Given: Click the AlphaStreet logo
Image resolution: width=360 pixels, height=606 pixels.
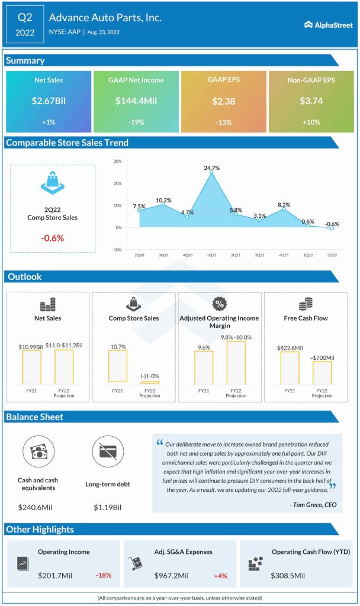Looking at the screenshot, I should tap(329, 25).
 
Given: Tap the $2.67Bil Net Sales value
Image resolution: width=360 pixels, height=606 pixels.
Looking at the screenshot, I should tap(49, 101).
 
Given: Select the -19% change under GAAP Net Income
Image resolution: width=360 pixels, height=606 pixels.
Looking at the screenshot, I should tap(136, 121).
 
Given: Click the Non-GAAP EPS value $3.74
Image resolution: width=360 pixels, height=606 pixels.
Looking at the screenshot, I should tap(310, 101).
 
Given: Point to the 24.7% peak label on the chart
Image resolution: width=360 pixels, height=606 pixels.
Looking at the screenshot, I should tap(211, 168).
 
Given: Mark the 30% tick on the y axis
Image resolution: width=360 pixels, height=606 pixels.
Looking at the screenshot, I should tap(117, 161).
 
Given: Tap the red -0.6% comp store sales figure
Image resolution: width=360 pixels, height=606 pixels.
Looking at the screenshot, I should tap(53, 238).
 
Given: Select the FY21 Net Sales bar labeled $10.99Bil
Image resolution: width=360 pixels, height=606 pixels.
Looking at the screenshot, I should tap(31, 366).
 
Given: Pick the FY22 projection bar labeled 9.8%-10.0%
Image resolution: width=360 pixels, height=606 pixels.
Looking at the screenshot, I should tap(236, 362).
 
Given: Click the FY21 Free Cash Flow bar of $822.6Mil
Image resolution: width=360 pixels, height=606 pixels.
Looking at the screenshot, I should tap(290, 368).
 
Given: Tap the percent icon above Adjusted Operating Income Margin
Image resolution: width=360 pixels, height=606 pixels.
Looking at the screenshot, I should tap(219, 304).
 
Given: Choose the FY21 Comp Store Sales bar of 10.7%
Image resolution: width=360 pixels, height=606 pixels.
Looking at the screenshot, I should tap(117, 366).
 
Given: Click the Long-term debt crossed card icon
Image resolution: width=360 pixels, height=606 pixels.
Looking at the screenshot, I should tap(108, 453).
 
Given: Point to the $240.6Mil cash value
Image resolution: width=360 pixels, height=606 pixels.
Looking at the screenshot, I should tap(38, 508).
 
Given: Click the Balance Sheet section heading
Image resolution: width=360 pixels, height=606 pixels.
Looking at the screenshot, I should tap(34, 417).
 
